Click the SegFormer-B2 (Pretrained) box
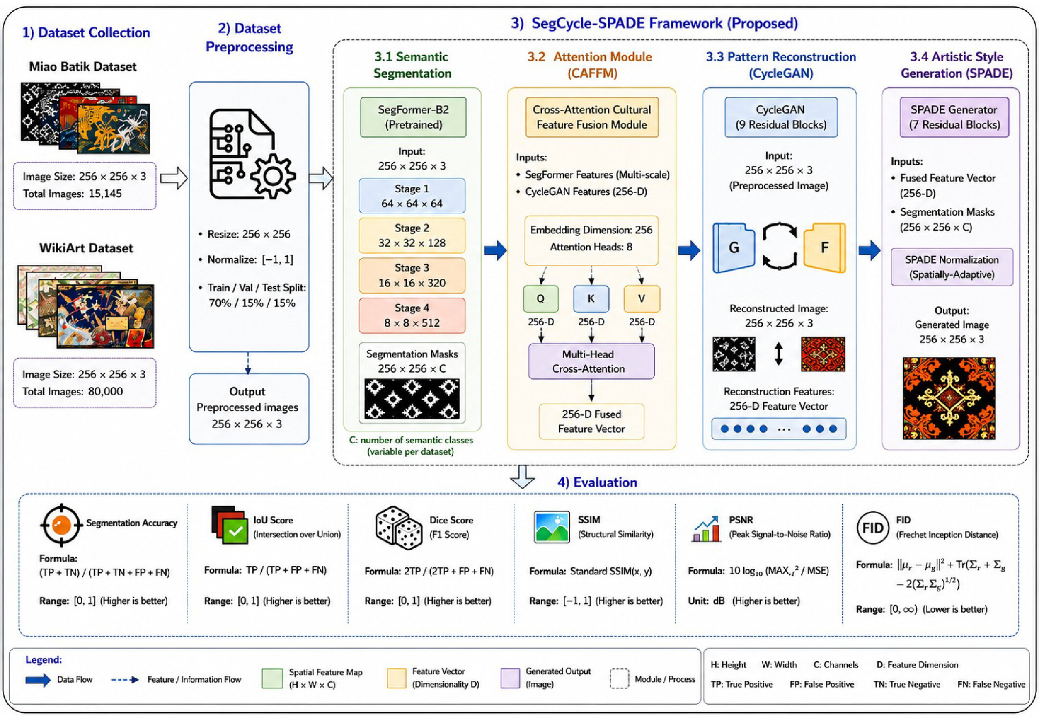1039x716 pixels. coord(413,117)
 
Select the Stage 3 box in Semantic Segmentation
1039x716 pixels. coord(412,275)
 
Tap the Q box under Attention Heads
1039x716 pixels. coord(541,299)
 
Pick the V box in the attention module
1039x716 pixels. coord(641,299)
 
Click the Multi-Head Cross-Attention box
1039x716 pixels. coord(591,361)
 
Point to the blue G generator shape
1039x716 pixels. coord(733,247)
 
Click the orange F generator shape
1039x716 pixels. coord(824,247)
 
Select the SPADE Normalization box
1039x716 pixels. coord(951,267)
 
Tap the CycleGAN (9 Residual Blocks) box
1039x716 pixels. coord(781,117)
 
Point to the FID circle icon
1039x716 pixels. coord(872,528)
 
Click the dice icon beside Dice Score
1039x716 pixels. coord(398,528)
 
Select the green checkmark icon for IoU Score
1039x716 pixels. coord(235,531)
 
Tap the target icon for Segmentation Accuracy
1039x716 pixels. coord(61,525)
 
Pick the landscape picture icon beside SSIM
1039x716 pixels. coord(552,527)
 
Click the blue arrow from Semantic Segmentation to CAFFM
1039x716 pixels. coord(495,250)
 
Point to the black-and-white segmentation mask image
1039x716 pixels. coord(412,399)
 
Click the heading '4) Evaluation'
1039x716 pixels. coord(597,482)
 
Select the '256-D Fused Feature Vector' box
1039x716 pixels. coord(591,421)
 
